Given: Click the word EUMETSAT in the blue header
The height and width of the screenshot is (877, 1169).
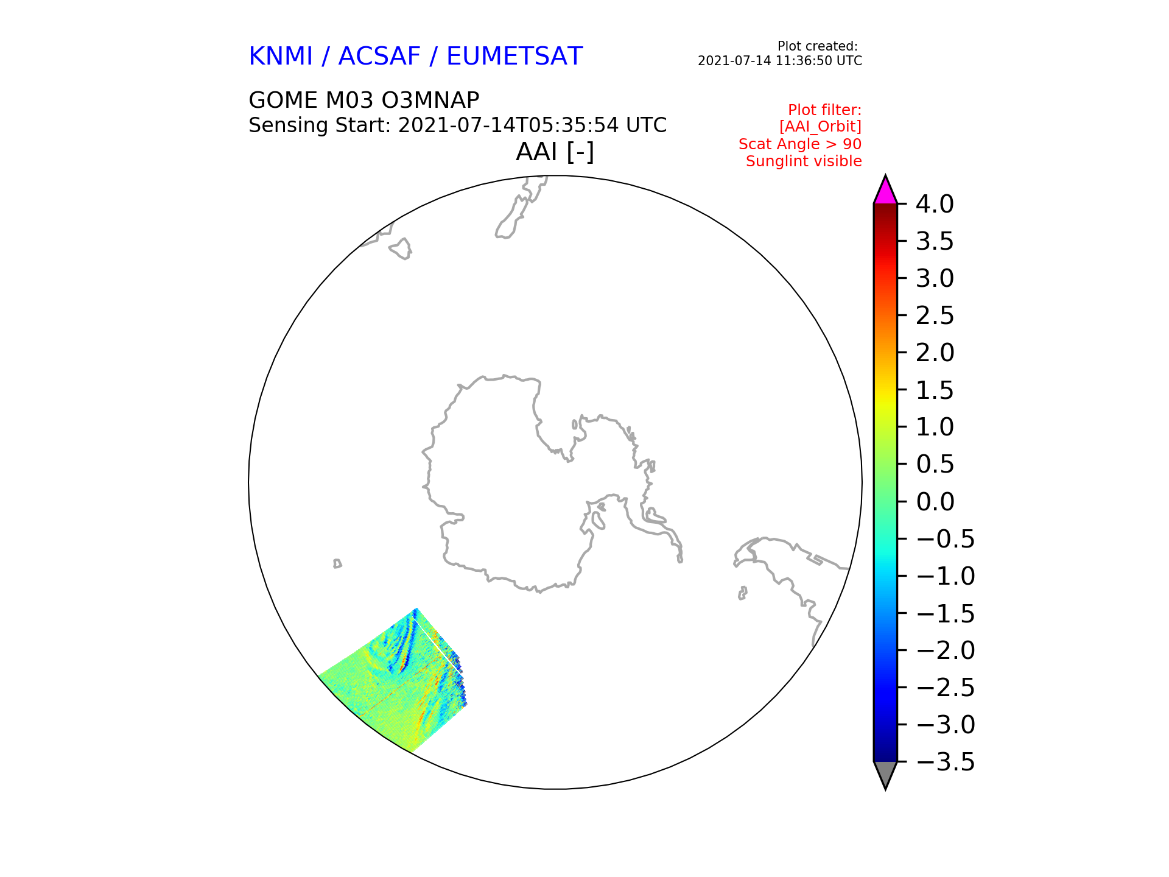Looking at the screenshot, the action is [x=514, y=57].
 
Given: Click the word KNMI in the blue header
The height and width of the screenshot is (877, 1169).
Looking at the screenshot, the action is [x=280, y=57].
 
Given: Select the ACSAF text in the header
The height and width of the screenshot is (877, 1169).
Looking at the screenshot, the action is [x=379, y=57].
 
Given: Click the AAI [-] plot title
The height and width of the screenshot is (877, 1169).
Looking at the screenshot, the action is [x=555, y=152].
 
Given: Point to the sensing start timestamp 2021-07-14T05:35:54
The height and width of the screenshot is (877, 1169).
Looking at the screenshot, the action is [x=508, y=125].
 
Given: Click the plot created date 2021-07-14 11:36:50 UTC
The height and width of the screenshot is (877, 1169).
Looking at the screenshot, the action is [x=780, y=61].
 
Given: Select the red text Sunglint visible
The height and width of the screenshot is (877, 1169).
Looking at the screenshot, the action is [x=804, y=161].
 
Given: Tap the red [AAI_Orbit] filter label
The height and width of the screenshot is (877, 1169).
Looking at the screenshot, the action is [x=820, y=127].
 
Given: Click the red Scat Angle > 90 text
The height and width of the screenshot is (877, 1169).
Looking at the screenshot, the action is [x=800, y=144].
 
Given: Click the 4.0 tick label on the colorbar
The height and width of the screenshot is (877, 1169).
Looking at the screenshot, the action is [x=935, y=204].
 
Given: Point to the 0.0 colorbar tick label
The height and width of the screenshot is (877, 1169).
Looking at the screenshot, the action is [x=935, y=502].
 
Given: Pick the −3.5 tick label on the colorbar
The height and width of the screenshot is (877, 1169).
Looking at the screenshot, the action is [x=945, y=762].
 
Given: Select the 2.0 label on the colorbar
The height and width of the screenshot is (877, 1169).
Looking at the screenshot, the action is [x=935, y=353].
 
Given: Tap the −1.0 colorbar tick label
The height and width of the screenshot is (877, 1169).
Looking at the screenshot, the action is [x=945, y=576].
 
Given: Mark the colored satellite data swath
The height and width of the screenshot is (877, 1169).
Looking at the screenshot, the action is [x=396, y=682].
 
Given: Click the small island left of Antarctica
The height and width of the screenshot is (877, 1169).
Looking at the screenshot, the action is [x=337, y=563].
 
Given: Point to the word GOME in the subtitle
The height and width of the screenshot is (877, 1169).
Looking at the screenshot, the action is [x=283, y=100].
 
